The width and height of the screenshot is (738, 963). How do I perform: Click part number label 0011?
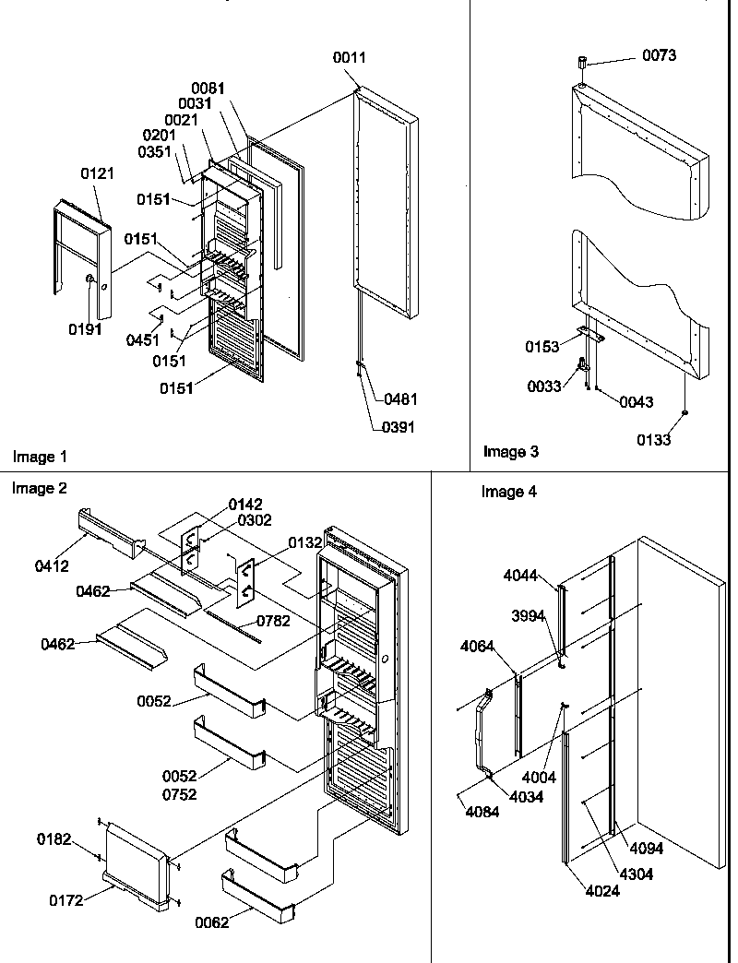coord(350,57)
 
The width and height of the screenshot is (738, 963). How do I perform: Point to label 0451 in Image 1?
coord(142,339)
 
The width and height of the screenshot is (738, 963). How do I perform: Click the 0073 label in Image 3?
coord(659,55)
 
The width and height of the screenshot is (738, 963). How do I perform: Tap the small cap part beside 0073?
coord(582,64)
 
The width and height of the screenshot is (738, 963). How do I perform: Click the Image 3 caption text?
coord(511,451)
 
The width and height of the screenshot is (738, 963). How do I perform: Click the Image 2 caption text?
coord(40,488)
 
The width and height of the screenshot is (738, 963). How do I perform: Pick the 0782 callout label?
coord(273,621)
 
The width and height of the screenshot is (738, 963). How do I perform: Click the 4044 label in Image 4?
coord(520,575)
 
